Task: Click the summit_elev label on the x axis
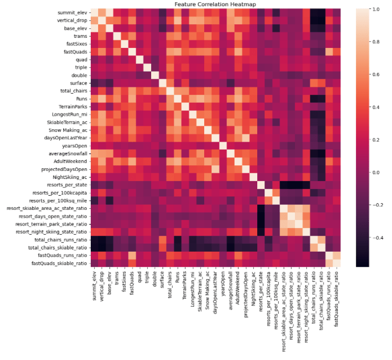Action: pos(94,287)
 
